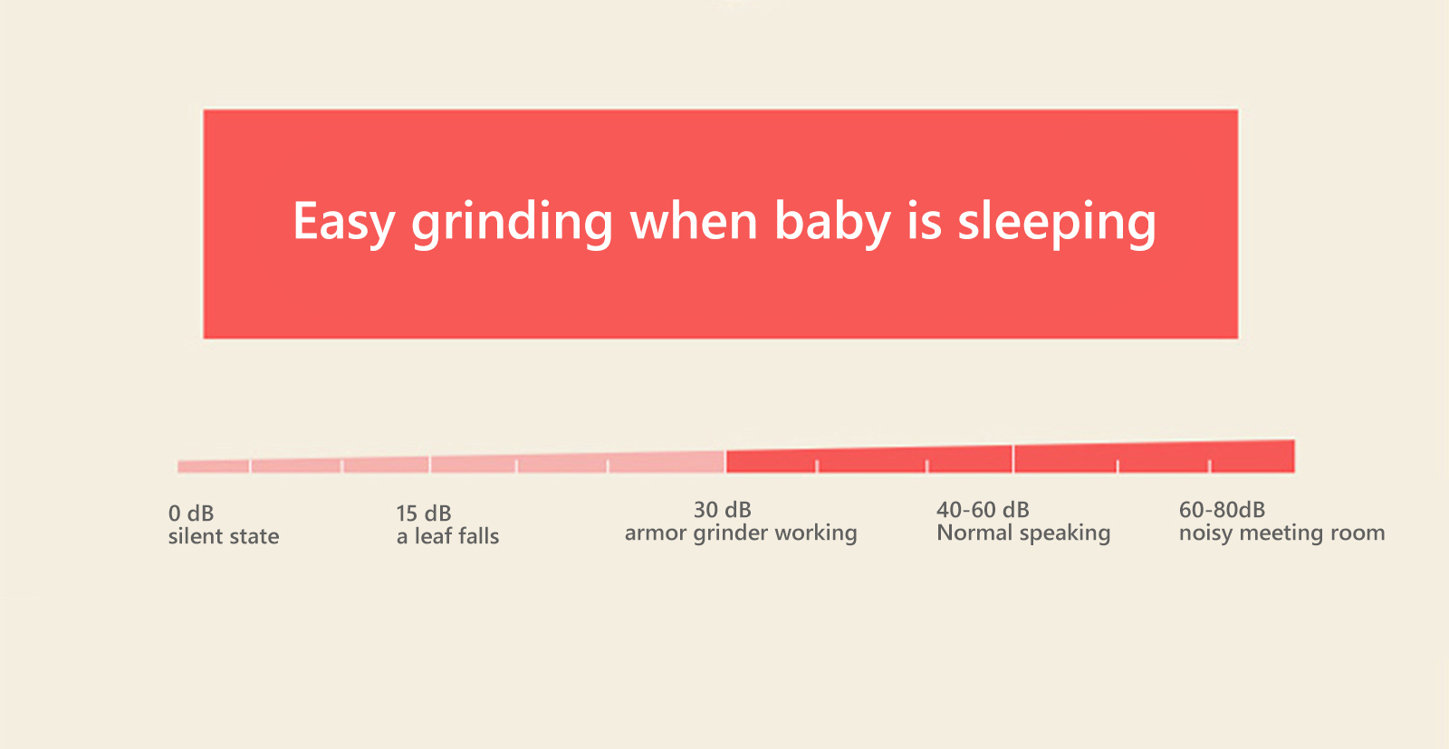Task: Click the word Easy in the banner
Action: click(x=343, y=223)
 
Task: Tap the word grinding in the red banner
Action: click(x=512, y=223)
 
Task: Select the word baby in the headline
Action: click(x=832, y=223)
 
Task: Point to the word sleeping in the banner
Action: click(x=1056, y=223)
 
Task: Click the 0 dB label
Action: click(x=191, y=513)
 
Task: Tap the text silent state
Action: click(x=224, y=536)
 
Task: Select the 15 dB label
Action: click(x=424, y=513)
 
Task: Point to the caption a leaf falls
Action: click(x=447, y=536)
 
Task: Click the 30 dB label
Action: click(x=723, y=510)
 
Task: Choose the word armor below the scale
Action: click(x=656, y=533)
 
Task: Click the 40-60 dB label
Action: click(x=983, y=510)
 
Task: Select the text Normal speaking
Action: click(x=1023, y=533)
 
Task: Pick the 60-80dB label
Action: click(x=1222, y=510)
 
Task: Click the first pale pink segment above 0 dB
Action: click(x=214, y=466)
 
